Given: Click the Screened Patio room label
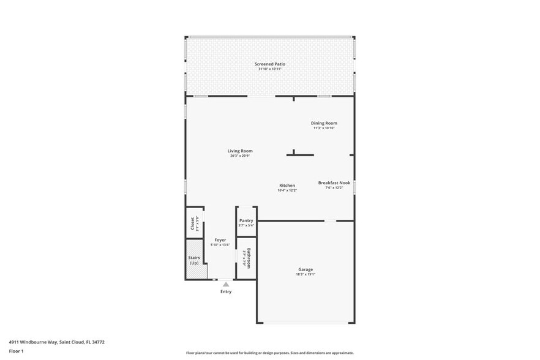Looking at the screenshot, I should pos(270,64).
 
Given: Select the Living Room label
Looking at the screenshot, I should pos(240,151).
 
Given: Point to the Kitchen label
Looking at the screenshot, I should pos(287,186).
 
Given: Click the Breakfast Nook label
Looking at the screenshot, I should pos(334,182).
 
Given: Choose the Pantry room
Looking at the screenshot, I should pos(246,222).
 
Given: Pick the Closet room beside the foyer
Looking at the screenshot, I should pos(193,224).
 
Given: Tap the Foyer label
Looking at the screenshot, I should pos(220,240).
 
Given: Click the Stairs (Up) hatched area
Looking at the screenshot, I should pos(194,260).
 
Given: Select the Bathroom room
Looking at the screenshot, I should pos(247,258).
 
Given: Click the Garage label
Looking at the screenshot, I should pos(306,269).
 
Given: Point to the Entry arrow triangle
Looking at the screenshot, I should pos(226,284).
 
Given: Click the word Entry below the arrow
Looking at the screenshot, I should pos(226,291).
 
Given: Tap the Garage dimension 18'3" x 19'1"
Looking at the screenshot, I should pos(306,275).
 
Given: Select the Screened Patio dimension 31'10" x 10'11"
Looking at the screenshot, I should pos(270,69).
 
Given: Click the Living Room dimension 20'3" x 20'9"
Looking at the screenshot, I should pos(240,156).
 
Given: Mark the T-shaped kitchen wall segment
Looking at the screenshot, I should pos(299,155).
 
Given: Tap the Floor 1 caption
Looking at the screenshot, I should pos(16,351).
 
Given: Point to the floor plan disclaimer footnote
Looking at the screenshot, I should pos(269,353).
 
